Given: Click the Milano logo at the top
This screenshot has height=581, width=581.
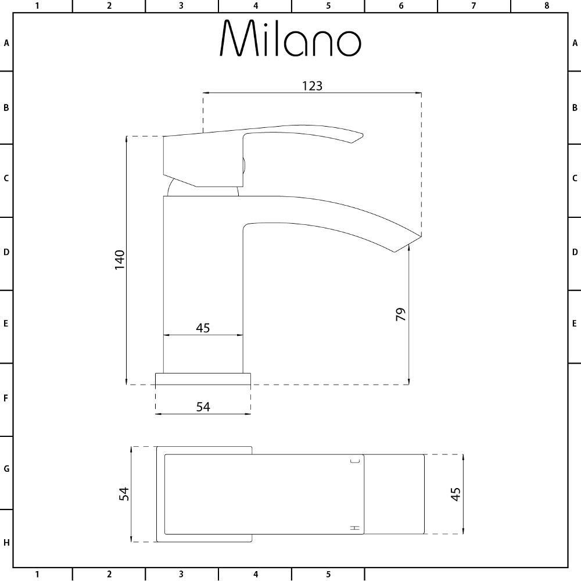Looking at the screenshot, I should pos(290,40).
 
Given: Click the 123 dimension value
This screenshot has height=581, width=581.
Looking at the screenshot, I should pos(312,85).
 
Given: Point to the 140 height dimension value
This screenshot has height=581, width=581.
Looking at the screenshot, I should pos(120,259).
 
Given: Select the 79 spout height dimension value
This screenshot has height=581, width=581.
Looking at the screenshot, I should pos(400,314).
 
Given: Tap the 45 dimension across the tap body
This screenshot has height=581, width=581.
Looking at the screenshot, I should pos(202,328).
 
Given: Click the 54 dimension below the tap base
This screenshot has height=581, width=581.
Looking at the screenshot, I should pos(202,407).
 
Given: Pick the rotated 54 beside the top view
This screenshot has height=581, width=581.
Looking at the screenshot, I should pos(123,494).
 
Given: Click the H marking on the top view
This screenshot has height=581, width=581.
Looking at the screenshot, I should pos(355,528).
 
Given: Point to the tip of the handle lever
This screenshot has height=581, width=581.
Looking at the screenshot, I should pos(359,137).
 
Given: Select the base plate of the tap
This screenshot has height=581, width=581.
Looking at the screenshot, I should pos(203,379).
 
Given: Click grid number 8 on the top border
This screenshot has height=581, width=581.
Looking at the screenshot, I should pos(546,6).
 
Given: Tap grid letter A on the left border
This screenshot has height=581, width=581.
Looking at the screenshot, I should pos(6,43).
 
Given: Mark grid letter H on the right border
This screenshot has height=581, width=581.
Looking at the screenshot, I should pos(575,543).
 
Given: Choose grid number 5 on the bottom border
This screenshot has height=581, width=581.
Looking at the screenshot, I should pos(328,575).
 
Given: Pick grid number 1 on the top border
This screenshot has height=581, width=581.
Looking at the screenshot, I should pos(37,6).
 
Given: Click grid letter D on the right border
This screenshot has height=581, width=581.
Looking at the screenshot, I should pos(575,252).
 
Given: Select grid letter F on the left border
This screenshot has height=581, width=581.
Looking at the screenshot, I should pos(6,399).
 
